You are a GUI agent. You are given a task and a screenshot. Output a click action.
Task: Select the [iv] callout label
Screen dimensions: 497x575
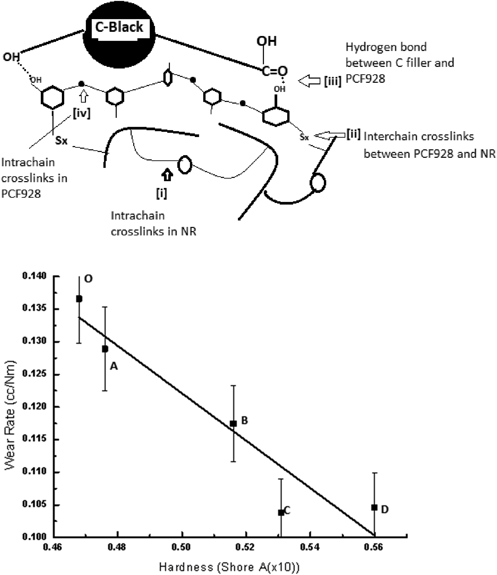(x=82, y=113)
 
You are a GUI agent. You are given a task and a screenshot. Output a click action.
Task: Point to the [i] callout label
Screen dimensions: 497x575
(x=161, y=193)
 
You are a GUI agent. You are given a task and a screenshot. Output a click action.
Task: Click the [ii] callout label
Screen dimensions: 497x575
(x=353, y=134)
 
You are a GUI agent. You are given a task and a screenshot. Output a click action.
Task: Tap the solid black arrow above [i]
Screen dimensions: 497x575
(x=167, y=175)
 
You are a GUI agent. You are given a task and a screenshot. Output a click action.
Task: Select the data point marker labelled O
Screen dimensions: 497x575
(x=79, y=299)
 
